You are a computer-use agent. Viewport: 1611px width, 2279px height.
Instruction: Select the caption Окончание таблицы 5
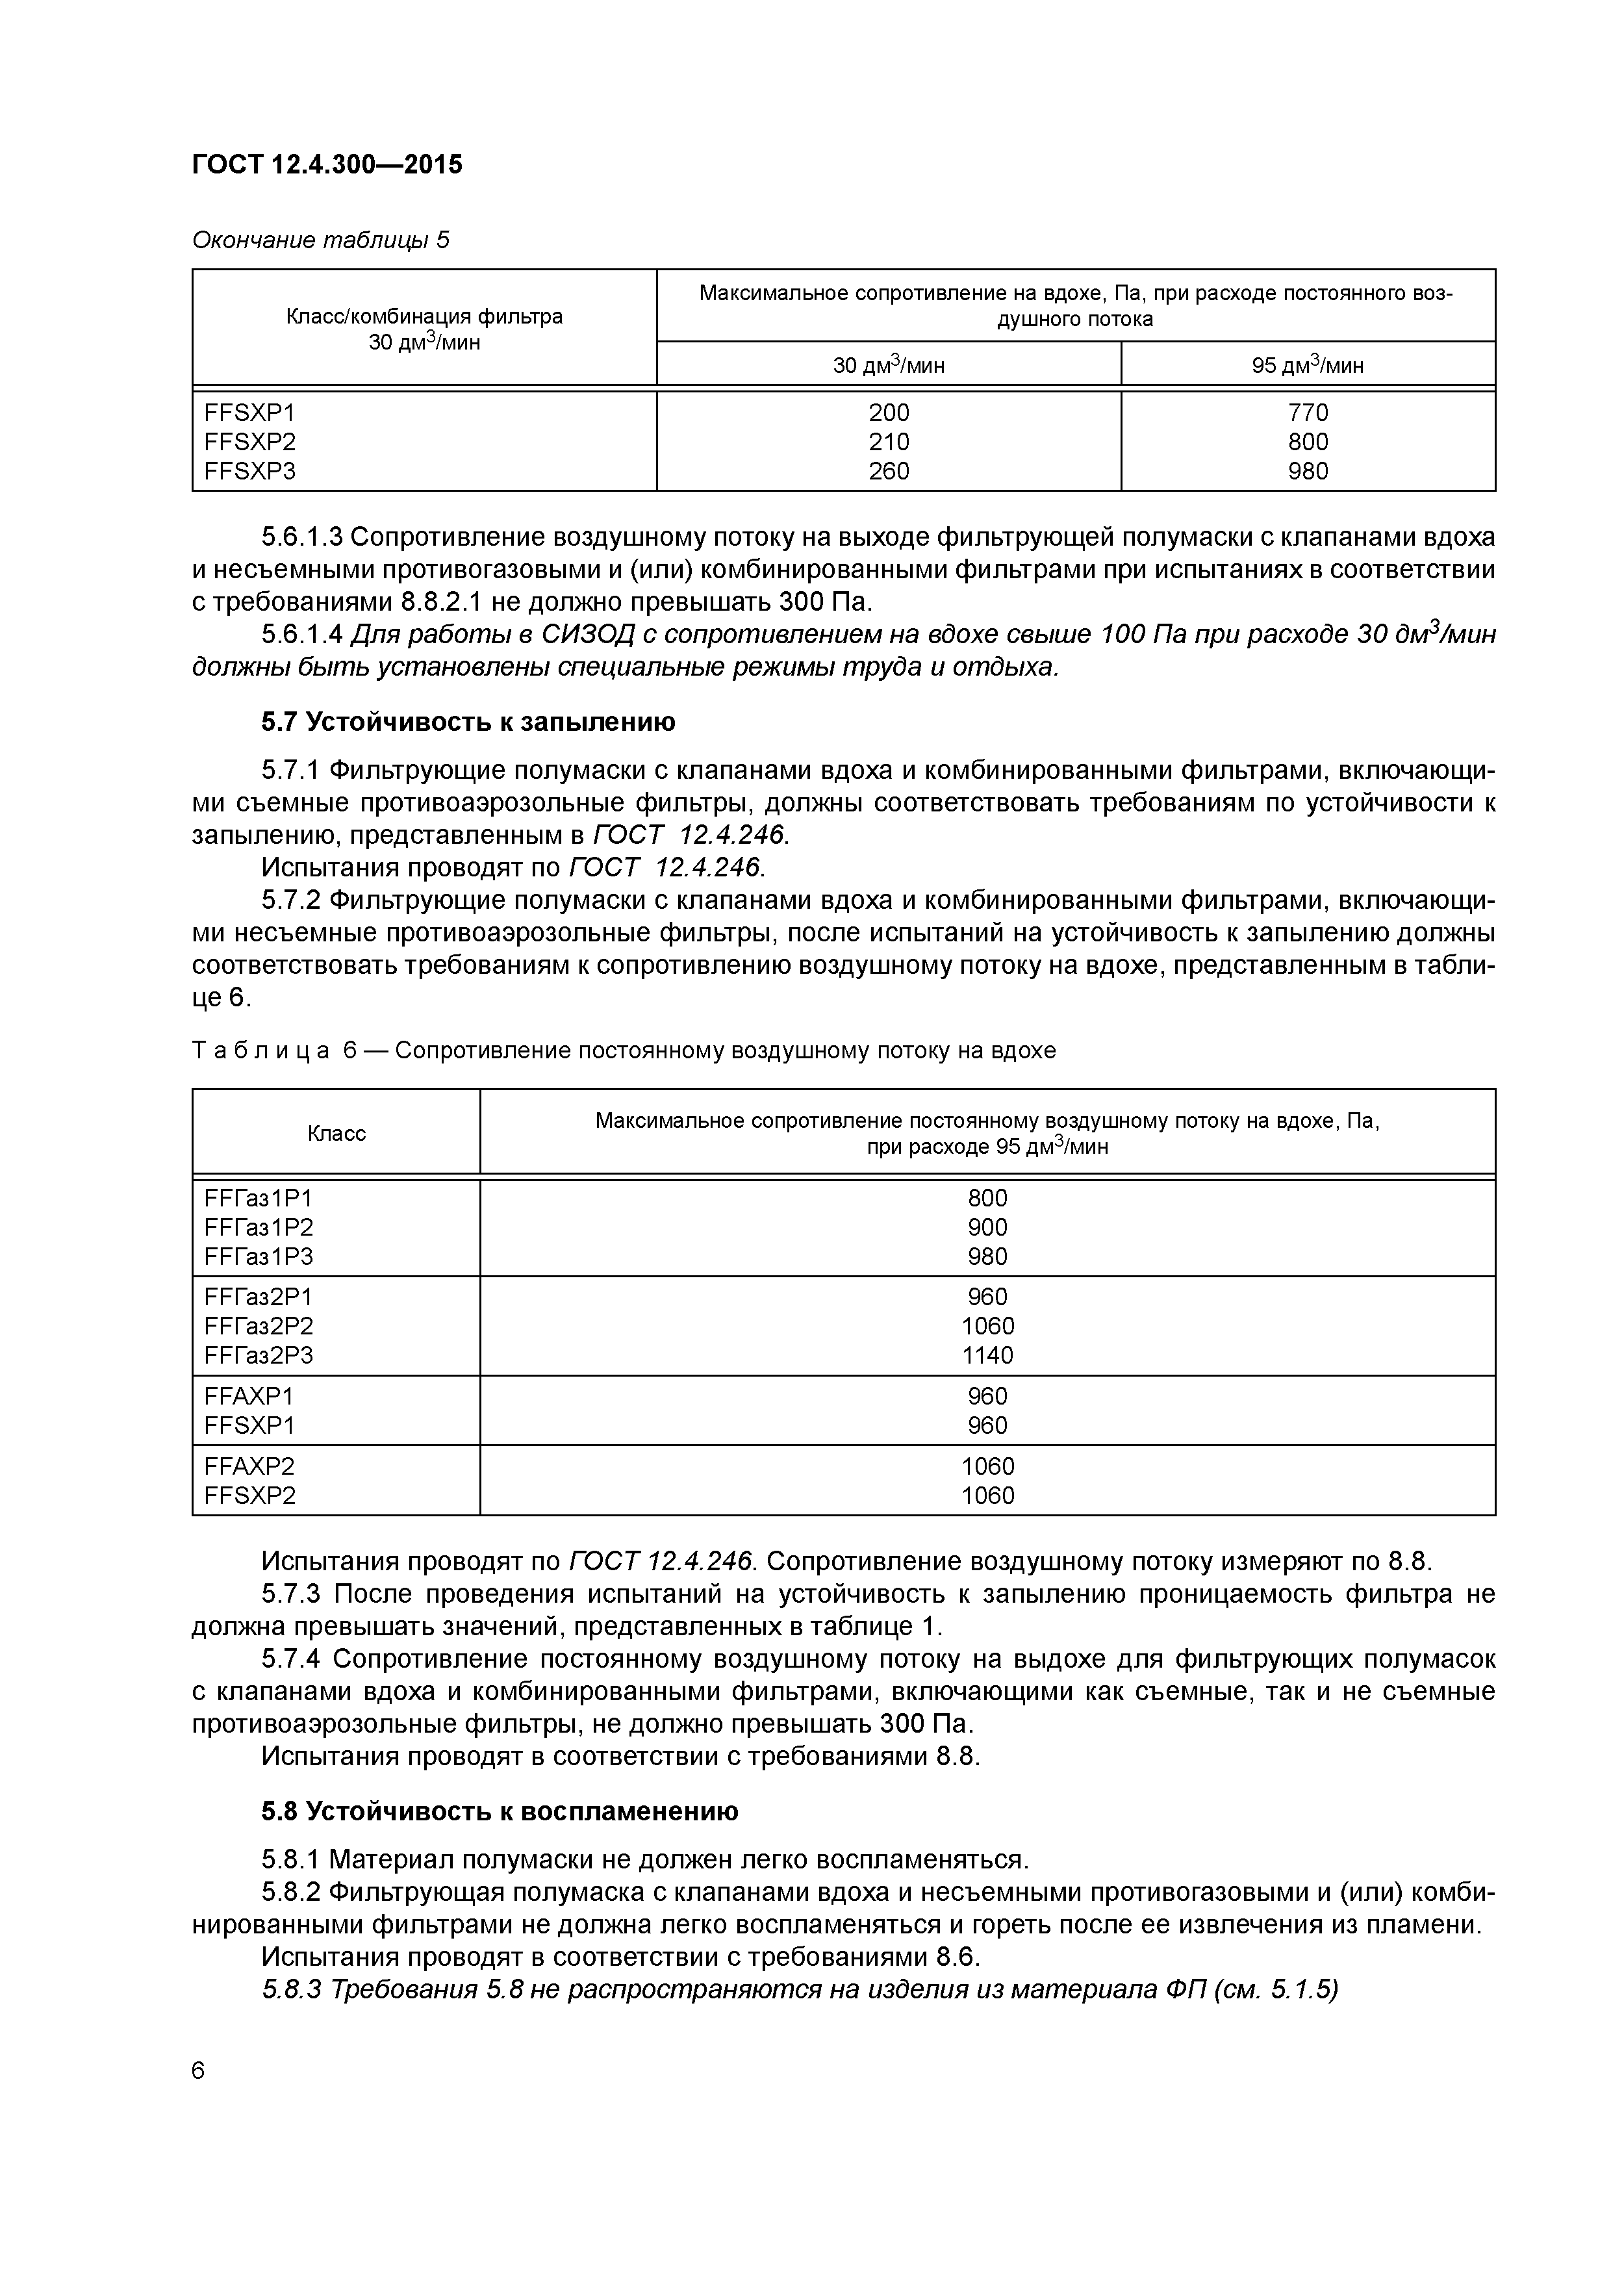click(x=320, y=240)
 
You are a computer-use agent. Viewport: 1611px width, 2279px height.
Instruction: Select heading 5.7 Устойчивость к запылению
click(x=468, y=722)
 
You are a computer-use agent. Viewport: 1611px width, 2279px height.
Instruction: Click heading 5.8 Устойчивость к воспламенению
click(x=500, y=1811)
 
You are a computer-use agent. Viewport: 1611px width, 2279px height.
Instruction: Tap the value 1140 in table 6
click(x=987, y=1355)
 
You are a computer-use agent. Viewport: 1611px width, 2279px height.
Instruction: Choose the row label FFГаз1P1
click(x=258, y=1198)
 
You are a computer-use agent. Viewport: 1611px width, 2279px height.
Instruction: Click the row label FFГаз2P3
click(x=258, y=1355)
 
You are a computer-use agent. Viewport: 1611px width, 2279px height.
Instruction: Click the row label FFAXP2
click(x=249, y=1466)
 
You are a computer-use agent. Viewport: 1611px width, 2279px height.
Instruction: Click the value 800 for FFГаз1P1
click(x=987, y=1198)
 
